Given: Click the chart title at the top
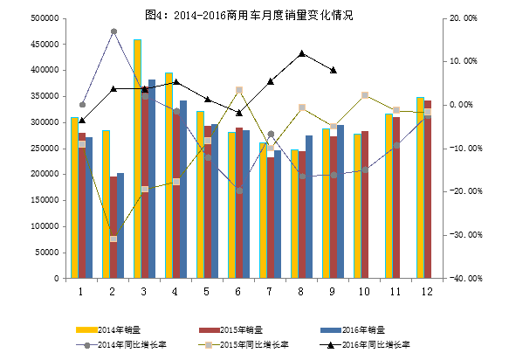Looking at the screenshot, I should [254, 15].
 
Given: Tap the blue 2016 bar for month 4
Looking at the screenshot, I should [182, 190].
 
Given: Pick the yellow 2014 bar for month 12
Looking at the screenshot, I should [420, 188].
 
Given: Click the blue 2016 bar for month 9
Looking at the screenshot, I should [340, 202].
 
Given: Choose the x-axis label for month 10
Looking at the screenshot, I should [363, 292].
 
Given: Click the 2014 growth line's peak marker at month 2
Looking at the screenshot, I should [113, 31].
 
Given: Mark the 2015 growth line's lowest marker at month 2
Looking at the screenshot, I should [113, 239].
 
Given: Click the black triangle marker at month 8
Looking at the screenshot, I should [301, 53].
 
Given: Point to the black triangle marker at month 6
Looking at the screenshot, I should [239, 112].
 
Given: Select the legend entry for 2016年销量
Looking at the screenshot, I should [354, 330].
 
